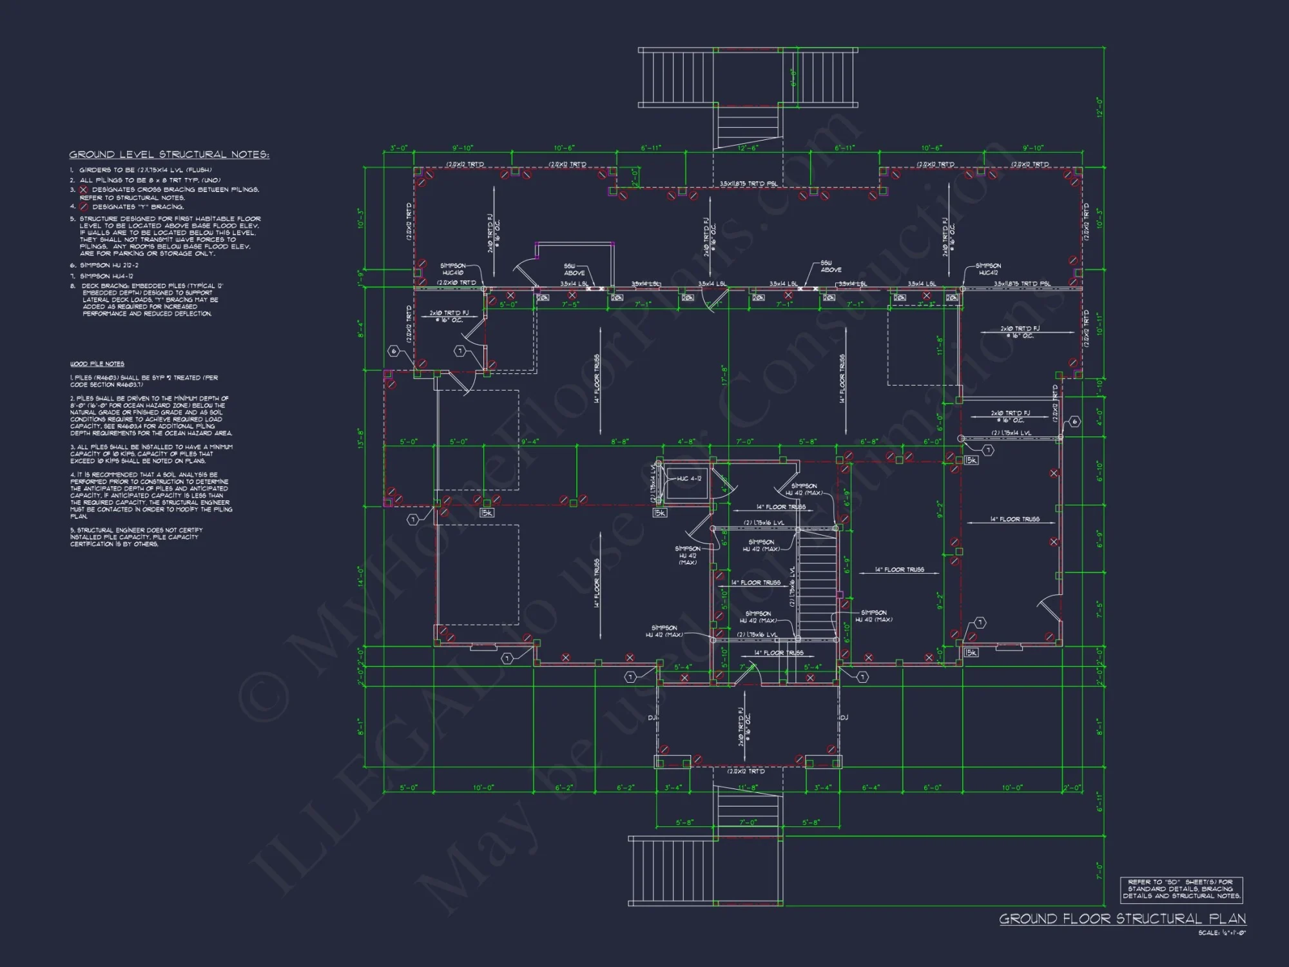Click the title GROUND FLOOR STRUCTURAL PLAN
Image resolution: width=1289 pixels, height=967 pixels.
coord(1122,919)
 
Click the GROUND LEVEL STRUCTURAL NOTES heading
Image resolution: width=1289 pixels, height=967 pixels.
coord(169,155)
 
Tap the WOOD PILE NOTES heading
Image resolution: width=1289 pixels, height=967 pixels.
coord(97,364)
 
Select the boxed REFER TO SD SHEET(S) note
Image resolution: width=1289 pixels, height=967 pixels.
coord(1181,889)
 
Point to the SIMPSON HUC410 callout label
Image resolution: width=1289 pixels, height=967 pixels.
coord(452,269)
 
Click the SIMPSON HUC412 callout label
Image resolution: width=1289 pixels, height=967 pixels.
coord(988,269)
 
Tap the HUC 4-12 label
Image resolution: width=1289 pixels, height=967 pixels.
coord(689,479)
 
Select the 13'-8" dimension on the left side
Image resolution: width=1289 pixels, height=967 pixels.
coord(362,438)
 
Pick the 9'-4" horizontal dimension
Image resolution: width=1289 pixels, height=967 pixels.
coord(530,442)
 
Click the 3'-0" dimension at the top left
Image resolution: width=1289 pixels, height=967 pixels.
coord(398,148)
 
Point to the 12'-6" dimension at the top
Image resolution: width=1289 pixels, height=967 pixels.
coord(747,148)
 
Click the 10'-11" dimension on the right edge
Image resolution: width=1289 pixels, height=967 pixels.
coord(1100,324)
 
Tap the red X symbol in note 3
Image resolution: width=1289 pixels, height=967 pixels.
coord(84,190)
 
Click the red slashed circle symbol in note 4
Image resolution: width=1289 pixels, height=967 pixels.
coord(84,207)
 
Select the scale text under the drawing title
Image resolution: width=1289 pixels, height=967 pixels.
coord(1222,933)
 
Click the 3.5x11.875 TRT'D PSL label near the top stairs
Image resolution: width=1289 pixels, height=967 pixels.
coord(748,184)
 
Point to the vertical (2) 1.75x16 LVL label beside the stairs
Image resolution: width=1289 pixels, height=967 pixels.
coord(793,586)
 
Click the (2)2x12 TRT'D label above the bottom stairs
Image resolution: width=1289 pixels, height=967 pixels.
coord(746,771)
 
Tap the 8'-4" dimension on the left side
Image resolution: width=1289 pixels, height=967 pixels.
coord(362,329)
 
